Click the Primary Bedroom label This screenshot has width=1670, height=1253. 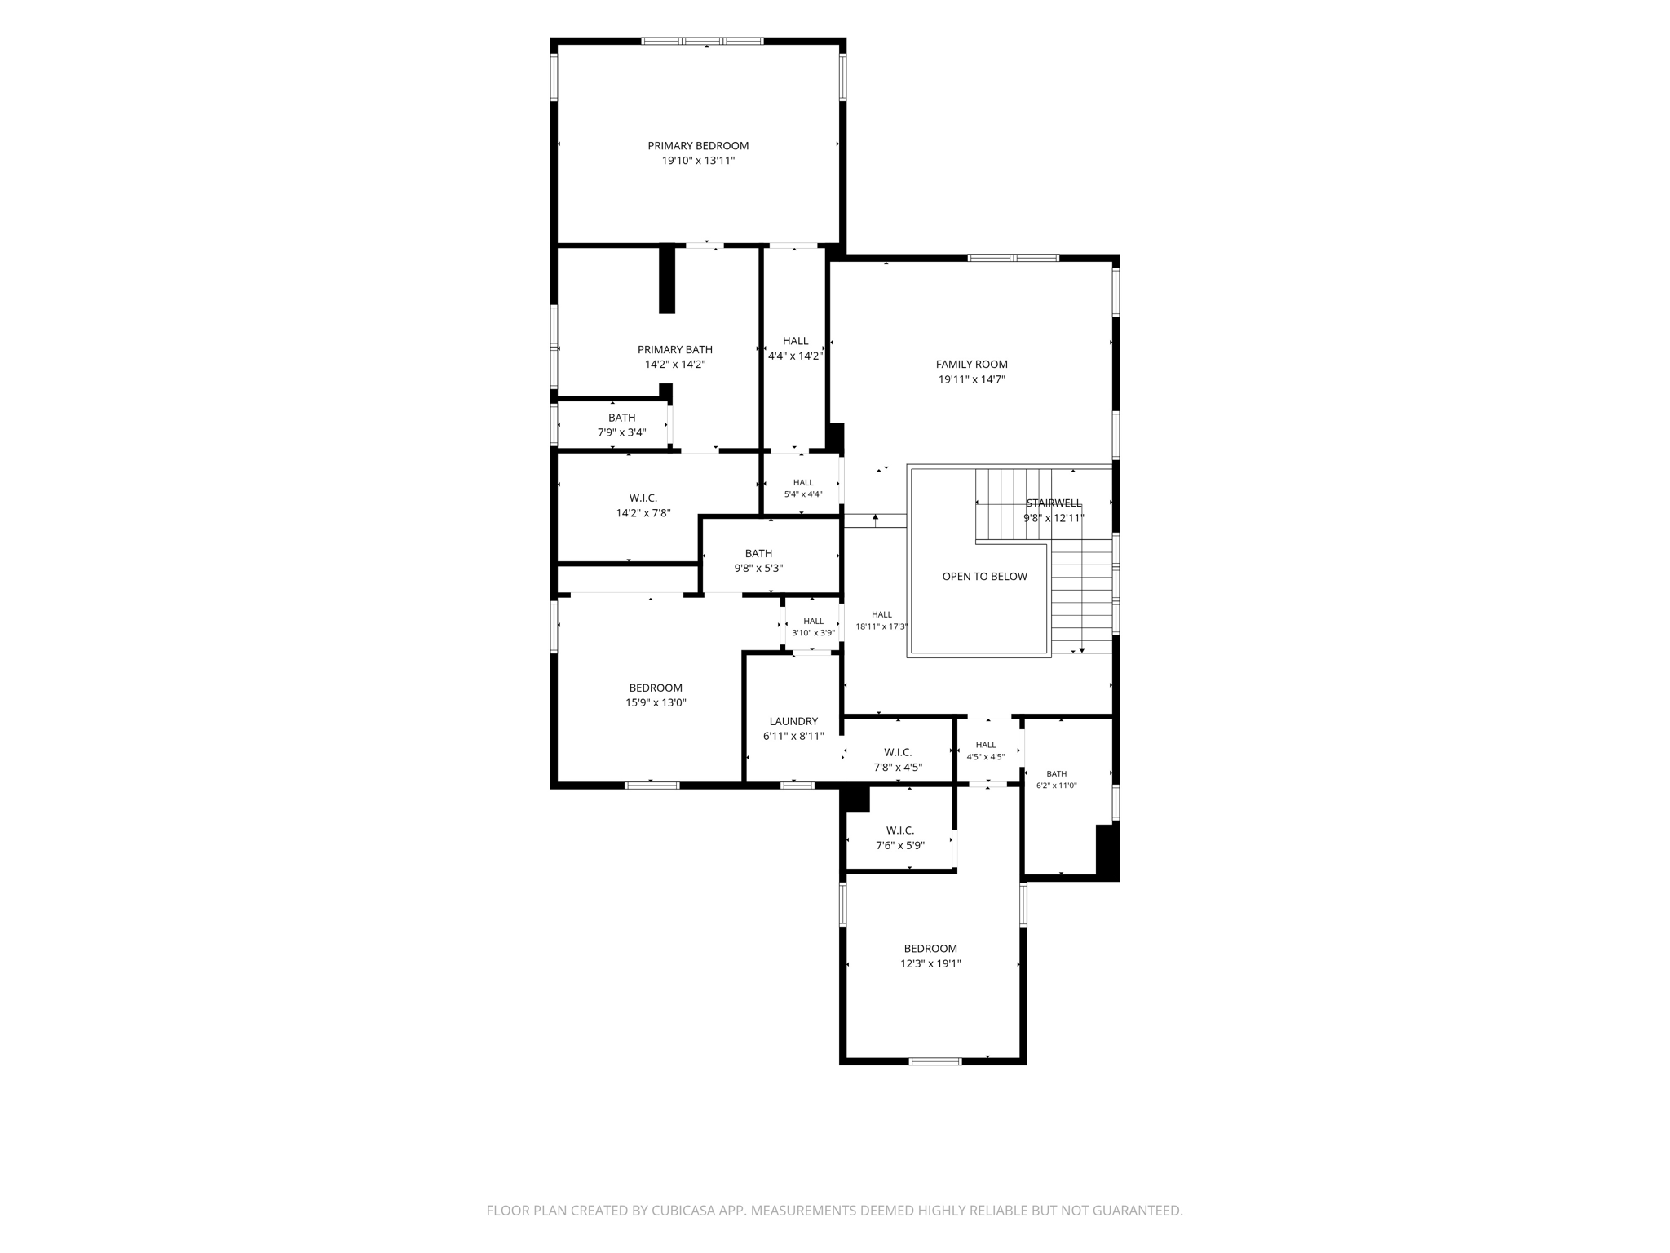point(698,146)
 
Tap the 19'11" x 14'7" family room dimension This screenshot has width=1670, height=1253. point(971,379)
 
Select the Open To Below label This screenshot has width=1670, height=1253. point(984,577)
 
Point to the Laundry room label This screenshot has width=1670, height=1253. point(793,722)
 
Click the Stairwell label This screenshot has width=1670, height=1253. point(1054,503)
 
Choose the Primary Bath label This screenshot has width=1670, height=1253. point(675,350)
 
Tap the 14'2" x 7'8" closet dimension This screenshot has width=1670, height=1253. point(643,513)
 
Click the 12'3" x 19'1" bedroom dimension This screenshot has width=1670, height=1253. point(930,963)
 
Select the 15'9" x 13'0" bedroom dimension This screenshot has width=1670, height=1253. point(656,702)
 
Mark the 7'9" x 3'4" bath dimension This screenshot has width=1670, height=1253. point(621,432)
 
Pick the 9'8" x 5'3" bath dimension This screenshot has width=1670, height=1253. point(758,568)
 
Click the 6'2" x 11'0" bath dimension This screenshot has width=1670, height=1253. point(1056,786)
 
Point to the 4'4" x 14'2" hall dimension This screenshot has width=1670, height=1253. point(795,356)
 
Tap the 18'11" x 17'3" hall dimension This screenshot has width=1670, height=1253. point(881,626)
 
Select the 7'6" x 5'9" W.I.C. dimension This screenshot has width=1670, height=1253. point(900,845)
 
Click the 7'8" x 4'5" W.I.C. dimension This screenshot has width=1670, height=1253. point(898,767)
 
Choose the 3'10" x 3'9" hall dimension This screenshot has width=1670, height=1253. point(813,632)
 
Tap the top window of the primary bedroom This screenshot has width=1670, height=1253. point(702,41)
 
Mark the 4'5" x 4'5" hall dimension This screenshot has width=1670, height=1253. point(985,756)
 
